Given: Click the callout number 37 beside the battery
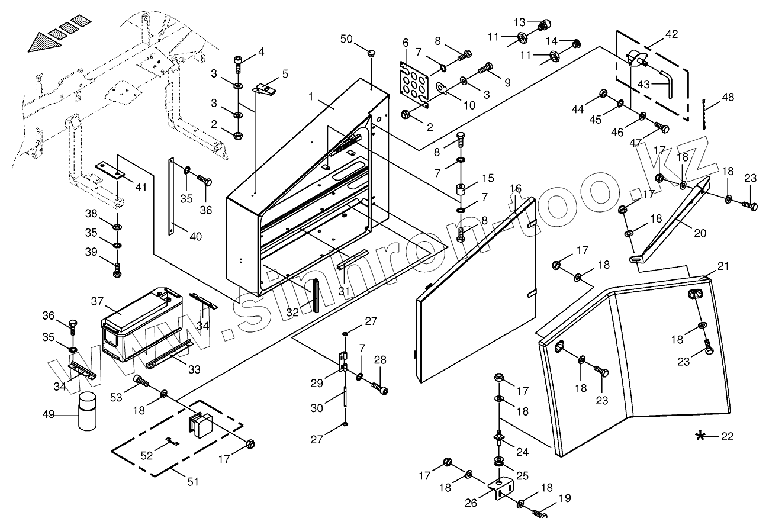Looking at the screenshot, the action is click(97, 301).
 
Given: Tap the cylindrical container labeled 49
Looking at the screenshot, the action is click(87, 411).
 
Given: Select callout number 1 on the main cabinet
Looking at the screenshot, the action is click(311, 97).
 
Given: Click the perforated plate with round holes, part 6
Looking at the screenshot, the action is click(414, 84).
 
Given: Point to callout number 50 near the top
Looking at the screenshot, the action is click(346, 39).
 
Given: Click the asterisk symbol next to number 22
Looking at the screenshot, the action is click(700, 436).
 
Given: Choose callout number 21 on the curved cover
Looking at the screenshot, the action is click(723, 266).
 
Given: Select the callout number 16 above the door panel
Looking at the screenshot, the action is click(516, 188).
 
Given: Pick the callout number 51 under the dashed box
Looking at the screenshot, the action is click(192, 482).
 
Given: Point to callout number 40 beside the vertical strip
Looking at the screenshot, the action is click(196, 236).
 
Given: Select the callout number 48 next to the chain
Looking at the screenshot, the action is click(728, 97).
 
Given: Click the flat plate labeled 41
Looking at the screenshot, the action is click(110, 170).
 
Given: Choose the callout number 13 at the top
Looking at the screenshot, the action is click(519, 22).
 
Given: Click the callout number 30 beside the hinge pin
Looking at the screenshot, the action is click(317, 408).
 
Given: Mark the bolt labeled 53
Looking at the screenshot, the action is click(142, 381).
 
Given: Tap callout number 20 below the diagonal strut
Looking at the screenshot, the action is click(700, 233).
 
